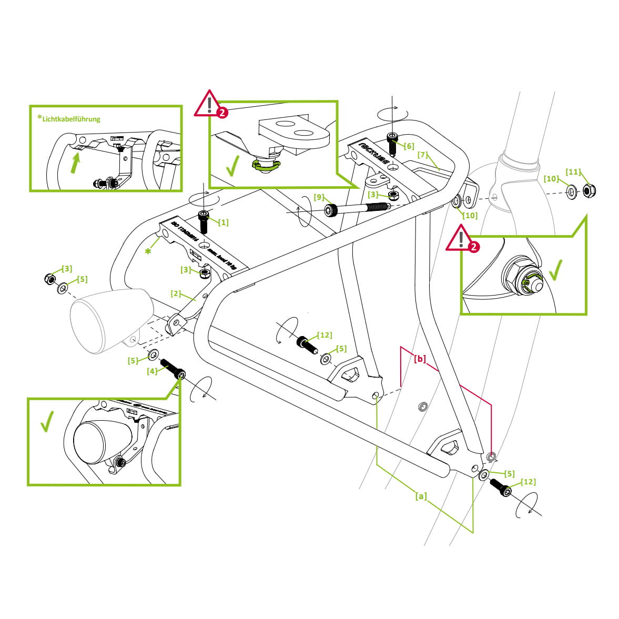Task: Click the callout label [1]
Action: [x=224, y=222]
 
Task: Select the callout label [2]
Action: [x=176, y=293]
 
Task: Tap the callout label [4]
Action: [x=153, y=371]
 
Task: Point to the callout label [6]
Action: [x=409, y=146]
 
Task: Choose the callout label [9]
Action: [x=319, y=197]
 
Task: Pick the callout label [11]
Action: [x=573, y=172]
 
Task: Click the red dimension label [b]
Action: [x=420, y=359]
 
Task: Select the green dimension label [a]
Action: [x=421, y=496]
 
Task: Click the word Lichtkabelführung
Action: [x=72, y=119]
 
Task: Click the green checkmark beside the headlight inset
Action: [x=47, y=421]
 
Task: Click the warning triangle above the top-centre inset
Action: [x=209, y=104]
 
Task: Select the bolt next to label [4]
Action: [x=172, y=369]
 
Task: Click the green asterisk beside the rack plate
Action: [x=148, y=251]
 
